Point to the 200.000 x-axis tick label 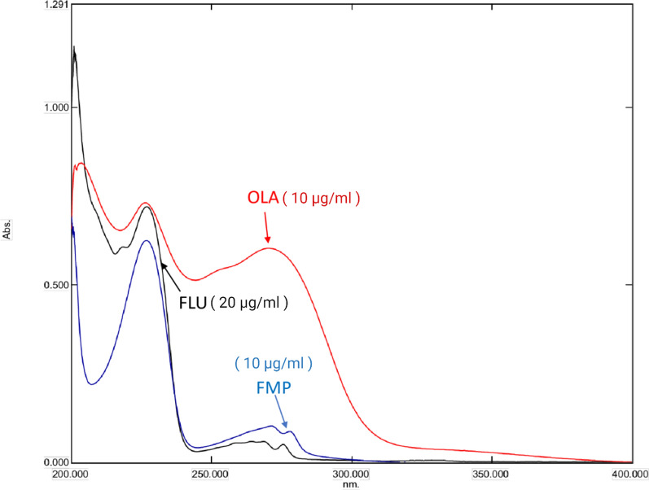[x=71, y=473]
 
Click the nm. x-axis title [x=351, y=483]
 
